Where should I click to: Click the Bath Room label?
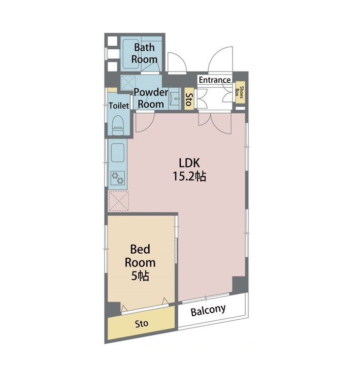144,53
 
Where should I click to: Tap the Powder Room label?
151,98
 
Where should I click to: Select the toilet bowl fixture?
118,125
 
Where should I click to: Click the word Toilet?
119,106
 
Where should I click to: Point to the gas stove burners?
118,178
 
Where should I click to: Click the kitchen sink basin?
118,152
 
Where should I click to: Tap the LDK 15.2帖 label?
189,170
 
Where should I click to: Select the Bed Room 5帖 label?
140,262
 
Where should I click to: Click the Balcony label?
208,310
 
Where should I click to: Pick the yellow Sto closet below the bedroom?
142,323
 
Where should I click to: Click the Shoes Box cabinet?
240,92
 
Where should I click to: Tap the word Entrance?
215,80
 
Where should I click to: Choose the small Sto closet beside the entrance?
189,99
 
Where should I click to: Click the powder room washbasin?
174,99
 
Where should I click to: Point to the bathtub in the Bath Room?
130,54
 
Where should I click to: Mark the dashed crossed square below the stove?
119,201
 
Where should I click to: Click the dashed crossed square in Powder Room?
128,82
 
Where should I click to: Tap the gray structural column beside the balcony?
239,285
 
